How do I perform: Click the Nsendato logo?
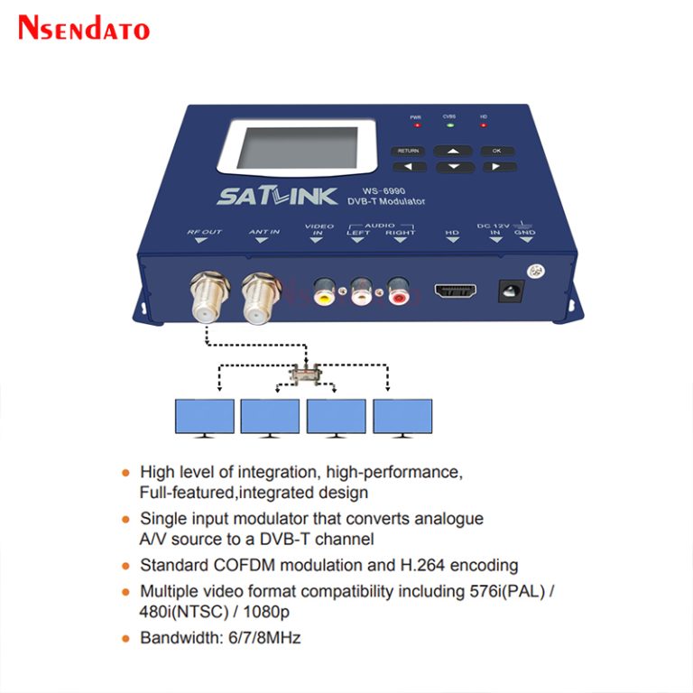click(83, 27)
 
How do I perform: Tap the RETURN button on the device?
click(408, 151)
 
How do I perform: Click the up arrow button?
click(455, 151)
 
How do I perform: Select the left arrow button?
click(409, 167)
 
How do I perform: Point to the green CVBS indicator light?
click(449, 125)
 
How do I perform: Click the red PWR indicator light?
click(416, 125)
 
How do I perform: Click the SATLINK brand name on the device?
click(277, 196)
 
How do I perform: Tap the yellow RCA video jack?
click(324, 291)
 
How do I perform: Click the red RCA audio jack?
click(398, 291)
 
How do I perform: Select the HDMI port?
click(456, 291)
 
